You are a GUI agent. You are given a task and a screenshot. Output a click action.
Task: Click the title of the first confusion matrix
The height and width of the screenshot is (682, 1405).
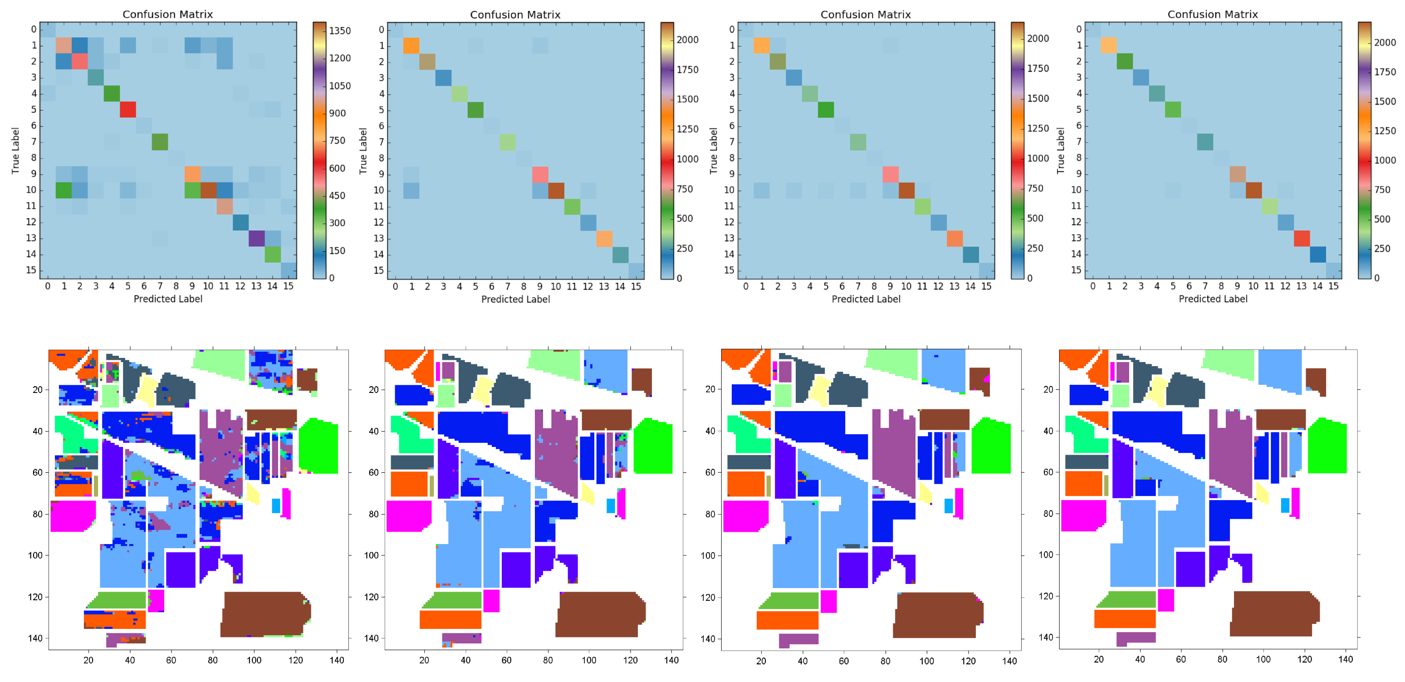click(x=167, y=14)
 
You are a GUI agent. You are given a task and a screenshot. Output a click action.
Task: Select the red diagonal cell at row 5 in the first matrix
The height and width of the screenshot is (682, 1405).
click(x=127, y=110)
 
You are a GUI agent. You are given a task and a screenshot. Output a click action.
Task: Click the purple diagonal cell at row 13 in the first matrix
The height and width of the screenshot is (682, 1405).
click(x=256, y=238)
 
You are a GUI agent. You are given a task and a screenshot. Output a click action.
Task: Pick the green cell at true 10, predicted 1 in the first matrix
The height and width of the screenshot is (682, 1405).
click(x=64, y=190)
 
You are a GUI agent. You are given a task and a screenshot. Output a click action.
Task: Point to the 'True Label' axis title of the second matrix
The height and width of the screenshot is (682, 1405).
click(x=362, y=151)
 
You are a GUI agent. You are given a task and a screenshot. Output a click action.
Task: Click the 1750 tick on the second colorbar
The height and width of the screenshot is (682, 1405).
click(x=687, y=69)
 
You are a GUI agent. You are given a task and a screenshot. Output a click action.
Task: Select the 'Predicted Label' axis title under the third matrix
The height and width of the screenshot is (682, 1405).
click(x=866, y=299)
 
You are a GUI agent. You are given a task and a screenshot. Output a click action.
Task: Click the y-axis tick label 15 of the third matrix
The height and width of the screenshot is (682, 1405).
click(x=729, y=270)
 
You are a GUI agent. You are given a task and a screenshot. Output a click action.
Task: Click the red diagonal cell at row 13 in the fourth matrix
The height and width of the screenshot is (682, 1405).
click(x=1302, y=238)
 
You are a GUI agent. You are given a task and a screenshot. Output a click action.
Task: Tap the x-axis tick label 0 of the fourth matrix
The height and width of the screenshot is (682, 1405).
click(x=1092, y=286)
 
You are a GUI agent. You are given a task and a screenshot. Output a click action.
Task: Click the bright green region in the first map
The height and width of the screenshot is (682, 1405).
click(x=319, y=446)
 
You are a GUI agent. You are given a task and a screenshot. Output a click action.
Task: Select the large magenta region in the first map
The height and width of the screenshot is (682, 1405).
click(x=73, y=515)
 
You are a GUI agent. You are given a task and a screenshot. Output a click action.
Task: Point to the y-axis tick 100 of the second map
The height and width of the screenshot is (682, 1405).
click(x=372, y=555)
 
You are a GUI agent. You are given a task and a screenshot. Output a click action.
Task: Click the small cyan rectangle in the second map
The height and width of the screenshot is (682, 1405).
click(x=610, y=506)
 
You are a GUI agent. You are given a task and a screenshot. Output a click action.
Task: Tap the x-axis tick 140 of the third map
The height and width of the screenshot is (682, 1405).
click(x=1009, y=661)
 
